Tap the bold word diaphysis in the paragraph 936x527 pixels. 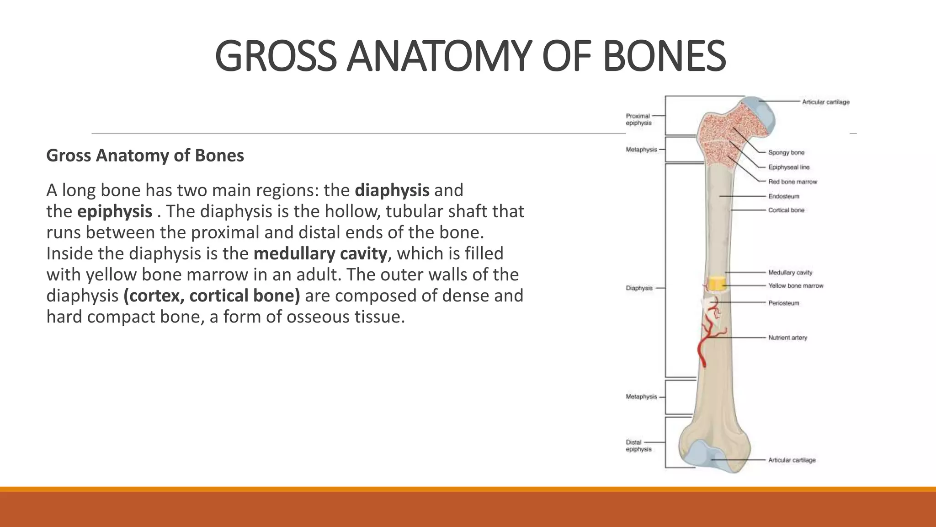click(392, 190)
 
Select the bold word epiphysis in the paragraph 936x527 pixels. click(115, 211)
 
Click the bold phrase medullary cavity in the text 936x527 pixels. click(320, 253)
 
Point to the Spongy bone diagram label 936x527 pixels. click(786, 152)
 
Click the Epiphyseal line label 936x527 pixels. click(788, 167)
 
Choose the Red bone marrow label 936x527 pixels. click(792, 182)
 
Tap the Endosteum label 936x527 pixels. click(783, 196)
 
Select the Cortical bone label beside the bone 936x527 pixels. click(786, 210)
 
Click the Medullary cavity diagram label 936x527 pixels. click(790, 272)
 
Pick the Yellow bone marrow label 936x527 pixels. click(795, 285)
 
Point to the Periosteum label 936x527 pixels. click(783, 303)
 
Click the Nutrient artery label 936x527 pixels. click(787, 338)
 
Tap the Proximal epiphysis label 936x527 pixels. click(638, 119)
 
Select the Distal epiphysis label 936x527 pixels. click(638, 446)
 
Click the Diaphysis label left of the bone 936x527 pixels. click(639, 288)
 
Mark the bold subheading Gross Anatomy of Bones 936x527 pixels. click(145, 156)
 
